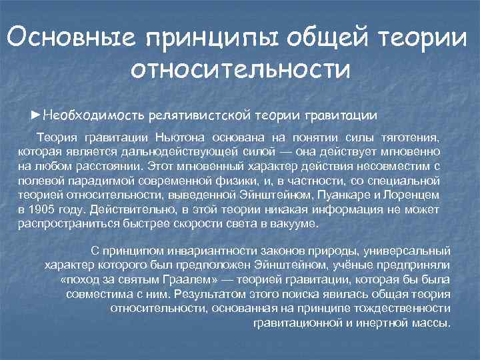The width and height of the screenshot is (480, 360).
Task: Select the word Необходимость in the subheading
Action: (x=94, y=115)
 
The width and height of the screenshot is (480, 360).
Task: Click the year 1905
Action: (x=43, y=209)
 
